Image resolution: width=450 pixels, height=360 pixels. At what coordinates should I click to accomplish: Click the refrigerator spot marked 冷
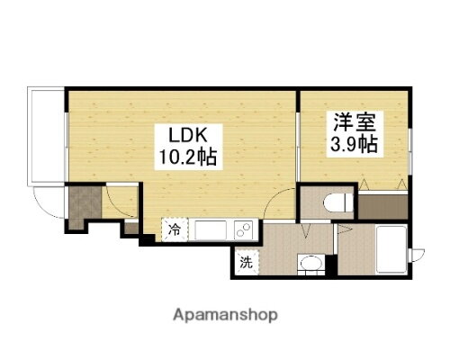[x=174, y=230]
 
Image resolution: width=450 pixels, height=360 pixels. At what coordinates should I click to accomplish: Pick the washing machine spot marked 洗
[x=245, y=264]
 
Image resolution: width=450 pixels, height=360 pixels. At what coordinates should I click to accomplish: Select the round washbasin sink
[x=310, y=264]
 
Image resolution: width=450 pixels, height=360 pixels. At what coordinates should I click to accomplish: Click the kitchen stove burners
[x=242, y=230]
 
